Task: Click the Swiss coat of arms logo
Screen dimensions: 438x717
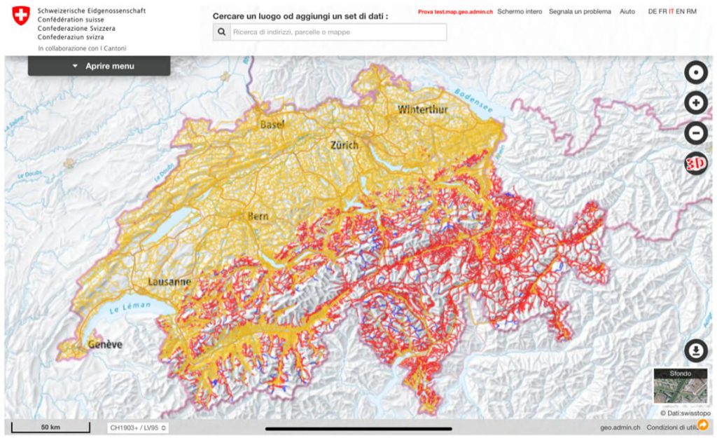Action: click(x=22, y=15)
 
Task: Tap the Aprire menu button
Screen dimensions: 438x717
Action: click(x=99, y=66)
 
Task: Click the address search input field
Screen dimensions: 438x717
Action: click(x=337, y=32)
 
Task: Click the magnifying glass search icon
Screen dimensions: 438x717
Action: click(x=222, y=32)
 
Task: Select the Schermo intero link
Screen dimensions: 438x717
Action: click(x=519, y=12)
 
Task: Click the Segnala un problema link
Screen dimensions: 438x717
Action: click(x=580, y=12)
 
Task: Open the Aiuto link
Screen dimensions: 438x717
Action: click(x=627, y=12)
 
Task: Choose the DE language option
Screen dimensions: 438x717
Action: click(x=653, y=12)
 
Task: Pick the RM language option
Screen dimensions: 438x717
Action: click(x=692, y=12)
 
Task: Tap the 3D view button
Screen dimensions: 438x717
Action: click(x=695, y=163)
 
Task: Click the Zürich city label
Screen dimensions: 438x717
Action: click(x=344, y=145)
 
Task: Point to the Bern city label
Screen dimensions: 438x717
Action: click(x=258, y=217)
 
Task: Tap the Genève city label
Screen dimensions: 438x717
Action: click(x=105, y=344)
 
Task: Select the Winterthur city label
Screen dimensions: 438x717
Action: click(x=423, y=109)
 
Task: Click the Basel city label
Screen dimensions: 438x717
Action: click(x=272, y=125)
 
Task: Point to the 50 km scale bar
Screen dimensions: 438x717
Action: click(x=50, y=427)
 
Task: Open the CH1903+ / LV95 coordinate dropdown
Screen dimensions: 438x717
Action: click(x=138, y=427)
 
